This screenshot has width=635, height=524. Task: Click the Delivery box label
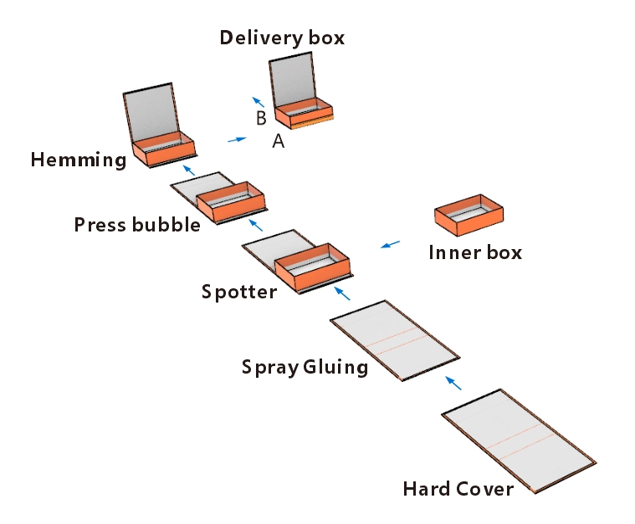coord(282,38)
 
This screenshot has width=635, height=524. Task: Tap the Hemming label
coord(78,160)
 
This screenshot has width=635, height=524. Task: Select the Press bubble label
coord(137,225)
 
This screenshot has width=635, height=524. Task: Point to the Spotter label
coord(238,293)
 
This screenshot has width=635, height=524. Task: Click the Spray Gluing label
coord(305,367)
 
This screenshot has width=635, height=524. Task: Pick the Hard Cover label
coord(458,489)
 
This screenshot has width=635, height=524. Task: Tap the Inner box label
coord(474,252)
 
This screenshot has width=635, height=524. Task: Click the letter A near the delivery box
coord(279,142)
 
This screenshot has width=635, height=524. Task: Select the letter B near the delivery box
coord(261,118)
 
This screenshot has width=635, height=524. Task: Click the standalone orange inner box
coord(469,216)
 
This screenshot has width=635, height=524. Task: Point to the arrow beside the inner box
coord(390,244)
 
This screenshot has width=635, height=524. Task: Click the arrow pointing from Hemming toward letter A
coord(238,139)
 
